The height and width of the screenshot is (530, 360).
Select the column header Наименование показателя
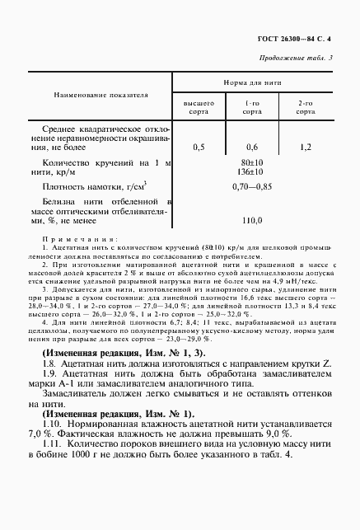(101, 96)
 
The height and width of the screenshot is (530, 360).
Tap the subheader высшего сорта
(199, 106)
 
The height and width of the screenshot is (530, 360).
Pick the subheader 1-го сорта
(252, 106)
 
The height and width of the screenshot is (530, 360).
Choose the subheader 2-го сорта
(306, 106)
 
